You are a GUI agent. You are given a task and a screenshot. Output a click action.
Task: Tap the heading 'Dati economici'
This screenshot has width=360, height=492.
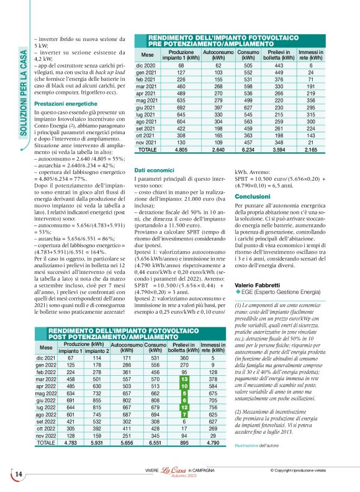152,170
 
